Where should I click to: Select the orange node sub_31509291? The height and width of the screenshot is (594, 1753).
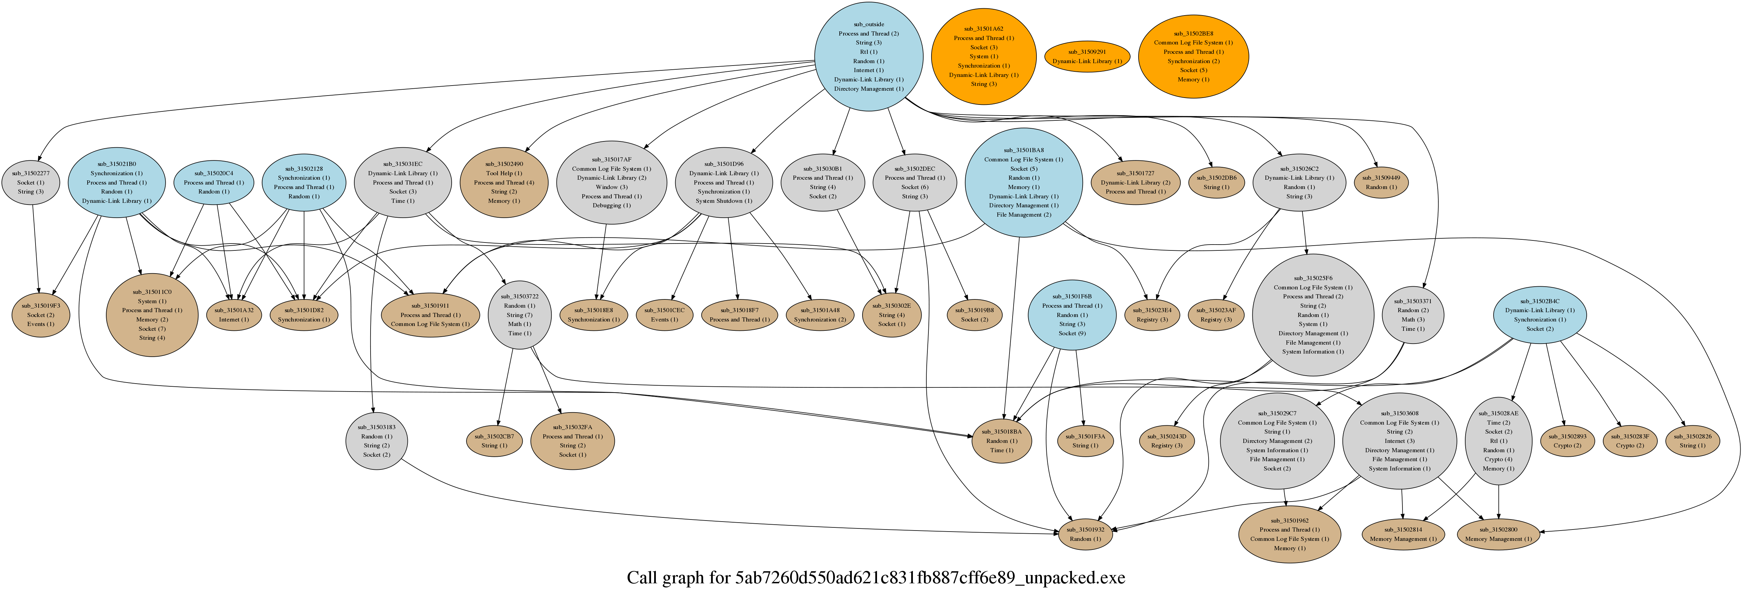click(1087, 57)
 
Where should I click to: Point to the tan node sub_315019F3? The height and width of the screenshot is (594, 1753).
click(41, 315)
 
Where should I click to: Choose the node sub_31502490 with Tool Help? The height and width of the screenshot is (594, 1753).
click(504, 182)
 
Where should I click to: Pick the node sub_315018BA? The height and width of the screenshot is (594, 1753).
click(1002, 441)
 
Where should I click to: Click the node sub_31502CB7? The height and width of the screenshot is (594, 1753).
click(494, 441)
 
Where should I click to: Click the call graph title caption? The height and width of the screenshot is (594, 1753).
click(876, 578)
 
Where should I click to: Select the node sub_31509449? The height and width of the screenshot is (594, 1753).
click(1381, 182)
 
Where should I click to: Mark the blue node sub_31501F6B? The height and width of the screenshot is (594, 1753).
click(1072, 315)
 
